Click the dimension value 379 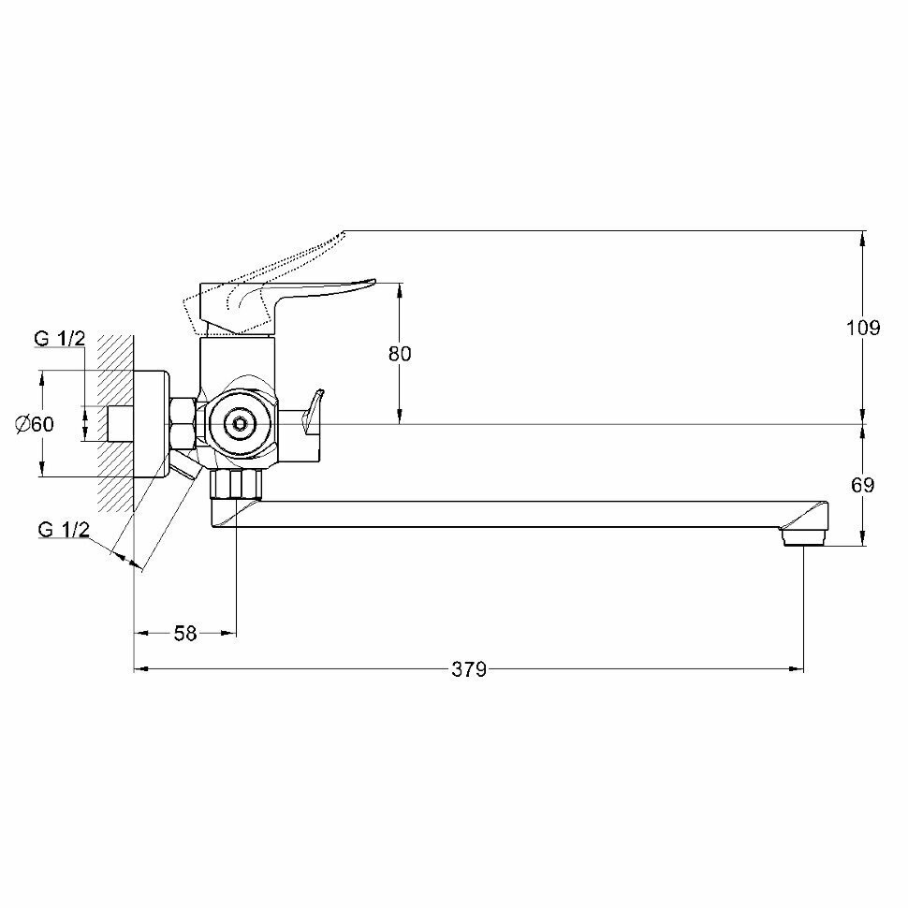point(469,669)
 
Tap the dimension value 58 point(185,634)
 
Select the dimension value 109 point(863,328)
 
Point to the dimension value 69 point(863,485)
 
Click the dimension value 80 point(400,353)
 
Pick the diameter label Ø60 point(35,424)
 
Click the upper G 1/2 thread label point(59,338)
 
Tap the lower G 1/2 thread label point(64,529)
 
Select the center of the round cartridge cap point(239,424)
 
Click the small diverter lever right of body point(313,412)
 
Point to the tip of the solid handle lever point(374,282)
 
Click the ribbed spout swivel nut point(235,485)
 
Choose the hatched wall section point(116,424)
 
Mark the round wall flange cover point(152,424)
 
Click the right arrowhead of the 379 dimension point(797,669)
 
